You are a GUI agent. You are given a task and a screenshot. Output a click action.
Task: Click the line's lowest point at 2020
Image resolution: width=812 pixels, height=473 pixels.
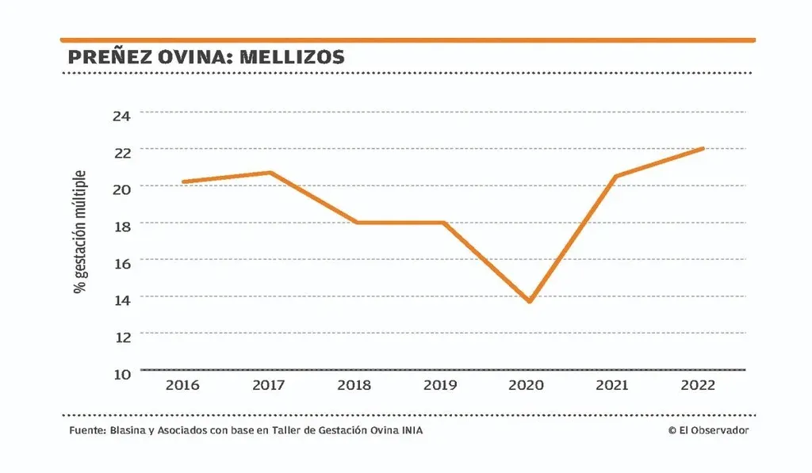click(x=528, y=301)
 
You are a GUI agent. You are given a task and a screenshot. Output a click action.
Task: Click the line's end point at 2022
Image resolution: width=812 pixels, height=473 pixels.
click(x=703, y=148)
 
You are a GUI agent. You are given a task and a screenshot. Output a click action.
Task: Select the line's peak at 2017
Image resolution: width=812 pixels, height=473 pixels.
click(x=270, y=173)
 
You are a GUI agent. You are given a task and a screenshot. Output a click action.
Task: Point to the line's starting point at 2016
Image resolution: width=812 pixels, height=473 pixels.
click(x=184, y=181)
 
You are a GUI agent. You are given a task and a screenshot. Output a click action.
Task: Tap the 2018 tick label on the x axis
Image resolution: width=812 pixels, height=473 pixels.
click(x=354, y=386)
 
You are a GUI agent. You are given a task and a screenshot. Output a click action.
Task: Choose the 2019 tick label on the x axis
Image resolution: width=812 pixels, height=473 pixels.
click(x=440, y=386)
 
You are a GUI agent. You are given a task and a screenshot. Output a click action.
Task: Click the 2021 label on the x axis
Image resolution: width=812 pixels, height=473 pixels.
click(x=611, y=386)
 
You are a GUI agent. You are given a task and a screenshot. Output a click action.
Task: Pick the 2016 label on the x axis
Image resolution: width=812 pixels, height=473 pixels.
click(x=182, y=386)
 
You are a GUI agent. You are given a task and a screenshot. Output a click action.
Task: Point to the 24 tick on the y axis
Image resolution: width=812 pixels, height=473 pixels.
click(x=121, y=114)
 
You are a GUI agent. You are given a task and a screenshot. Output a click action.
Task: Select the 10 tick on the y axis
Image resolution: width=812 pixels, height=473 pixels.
click(x=121, y=373)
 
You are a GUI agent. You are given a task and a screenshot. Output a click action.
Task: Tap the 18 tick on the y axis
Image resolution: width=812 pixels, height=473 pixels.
click(x=121, y=225)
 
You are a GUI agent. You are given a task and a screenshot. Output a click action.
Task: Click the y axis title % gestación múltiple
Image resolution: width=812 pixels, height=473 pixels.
click(x=80, y=231)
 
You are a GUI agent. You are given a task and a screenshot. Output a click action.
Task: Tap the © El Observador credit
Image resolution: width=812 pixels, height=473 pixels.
click(x=708, y=430)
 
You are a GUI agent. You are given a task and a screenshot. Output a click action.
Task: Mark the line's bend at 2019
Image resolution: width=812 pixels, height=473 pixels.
click(x=442, y=223)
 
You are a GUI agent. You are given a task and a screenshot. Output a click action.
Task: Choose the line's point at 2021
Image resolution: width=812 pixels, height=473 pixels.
click(x=615, y=176)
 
